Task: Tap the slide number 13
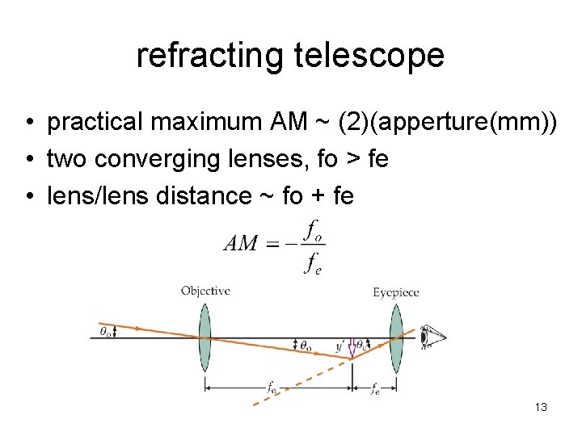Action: click(541, 407)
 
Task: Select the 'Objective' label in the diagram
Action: click(205, 291)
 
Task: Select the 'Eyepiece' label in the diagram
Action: click(395, 292)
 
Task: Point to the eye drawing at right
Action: click(432, 336)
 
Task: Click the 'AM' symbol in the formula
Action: click(241, 244)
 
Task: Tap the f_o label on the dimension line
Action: click(272, 388)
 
